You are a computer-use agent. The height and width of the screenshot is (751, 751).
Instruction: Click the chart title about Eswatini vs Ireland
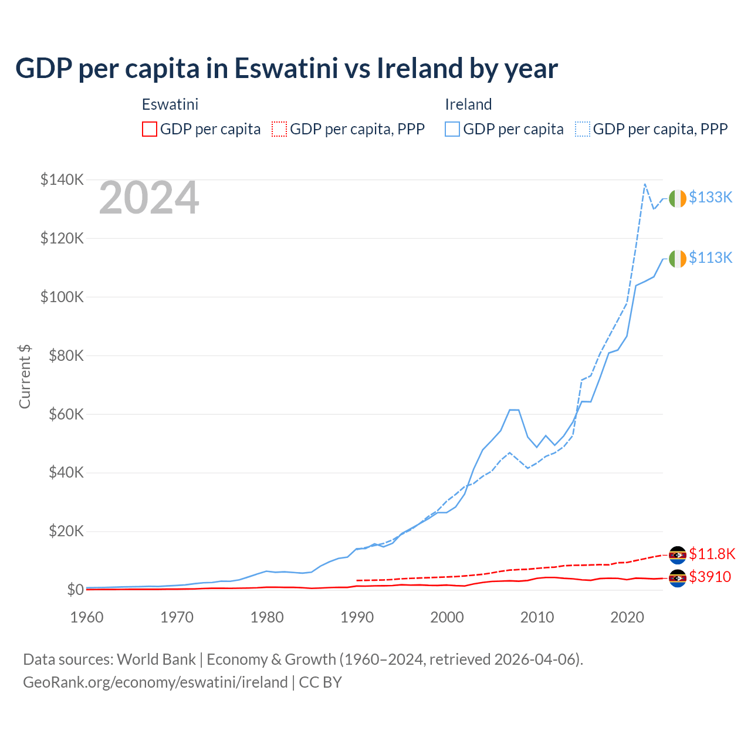[x=286, y=69]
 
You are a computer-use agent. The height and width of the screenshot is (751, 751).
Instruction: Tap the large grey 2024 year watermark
[x=149, y=198]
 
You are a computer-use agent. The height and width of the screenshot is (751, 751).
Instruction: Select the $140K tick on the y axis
[x=62, y=180]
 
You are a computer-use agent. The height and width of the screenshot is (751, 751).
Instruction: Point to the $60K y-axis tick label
[x=62, y=414]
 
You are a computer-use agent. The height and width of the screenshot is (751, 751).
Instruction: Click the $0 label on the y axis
[x=75, y=590]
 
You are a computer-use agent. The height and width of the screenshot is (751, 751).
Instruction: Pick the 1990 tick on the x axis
[x=357, y=617]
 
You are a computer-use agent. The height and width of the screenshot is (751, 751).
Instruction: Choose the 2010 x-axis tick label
[x=537, y=617]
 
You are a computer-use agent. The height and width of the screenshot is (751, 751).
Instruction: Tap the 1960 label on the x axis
[x=87, y=617]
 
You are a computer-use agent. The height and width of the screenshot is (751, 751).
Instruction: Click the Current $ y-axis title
[x=25, y=377]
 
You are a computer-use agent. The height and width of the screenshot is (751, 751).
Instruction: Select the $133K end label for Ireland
[x=711, y=198]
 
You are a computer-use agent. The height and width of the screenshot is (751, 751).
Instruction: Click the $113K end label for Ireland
[x=711, y=258]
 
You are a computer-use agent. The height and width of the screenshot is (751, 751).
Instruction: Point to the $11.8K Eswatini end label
[x=712, y=554]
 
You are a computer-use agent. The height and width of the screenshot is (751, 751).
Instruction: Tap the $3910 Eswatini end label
[x=710, y=577]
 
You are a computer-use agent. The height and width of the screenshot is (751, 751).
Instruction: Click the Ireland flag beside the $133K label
[x=678, y=199]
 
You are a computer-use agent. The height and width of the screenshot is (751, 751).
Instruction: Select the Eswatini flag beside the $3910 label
[x=678, y=578]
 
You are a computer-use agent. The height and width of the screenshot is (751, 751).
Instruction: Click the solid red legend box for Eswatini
[x=150, y=129]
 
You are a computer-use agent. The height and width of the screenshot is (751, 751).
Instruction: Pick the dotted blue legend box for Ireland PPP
[x=583, y=129]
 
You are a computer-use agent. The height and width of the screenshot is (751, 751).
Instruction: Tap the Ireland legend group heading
[x=468, y=104]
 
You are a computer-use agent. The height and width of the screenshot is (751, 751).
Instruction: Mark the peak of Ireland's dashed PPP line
[x=645, y=184]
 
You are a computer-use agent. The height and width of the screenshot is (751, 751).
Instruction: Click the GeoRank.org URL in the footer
[x=155, y=682]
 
